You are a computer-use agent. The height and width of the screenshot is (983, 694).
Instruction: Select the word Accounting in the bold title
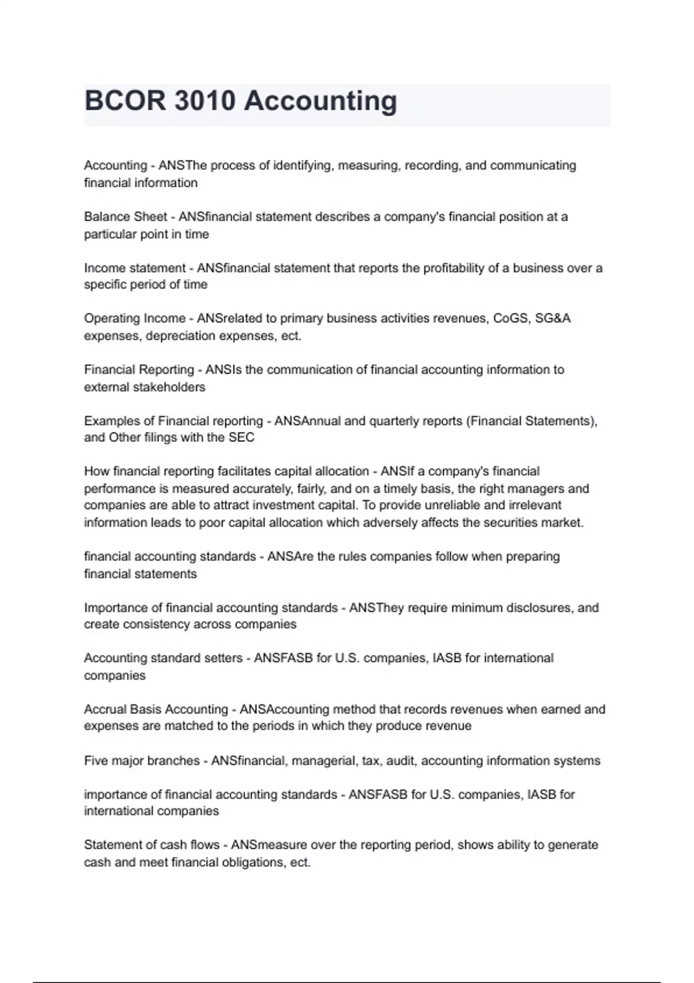[x=320, y=101]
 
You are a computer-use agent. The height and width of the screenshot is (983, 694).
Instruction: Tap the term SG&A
[x=553, y=319]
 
